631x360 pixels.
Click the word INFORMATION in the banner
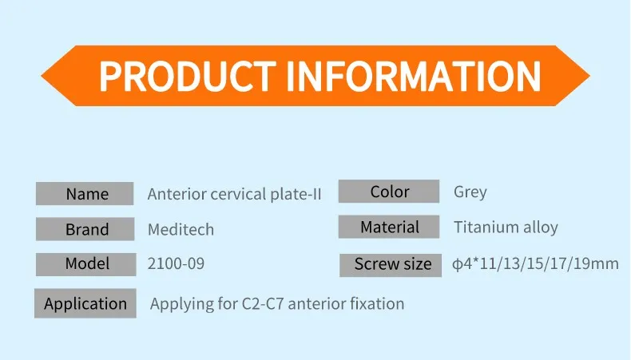tap(413, 76)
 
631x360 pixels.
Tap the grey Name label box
tap(85, 194)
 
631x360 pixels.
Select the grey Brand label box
tap(85, 230)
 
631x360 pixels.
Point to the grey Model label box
tap(85, 263)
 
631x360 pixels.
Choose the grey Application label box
tap(85, 304)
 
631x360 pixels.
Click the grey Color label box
tap(389, 192)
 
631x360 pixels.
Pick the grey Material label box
tap(389, 227)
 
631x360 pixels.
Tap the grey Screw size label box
tap(391, 265)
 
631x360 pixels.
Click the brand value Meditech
tap(181, 230)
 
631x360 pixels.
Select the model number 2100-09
tap(176, 263)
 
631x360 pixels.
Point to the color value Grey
tap(470, 192)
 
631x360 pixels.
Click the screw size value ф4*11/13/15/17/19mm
tap(535, 263)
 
